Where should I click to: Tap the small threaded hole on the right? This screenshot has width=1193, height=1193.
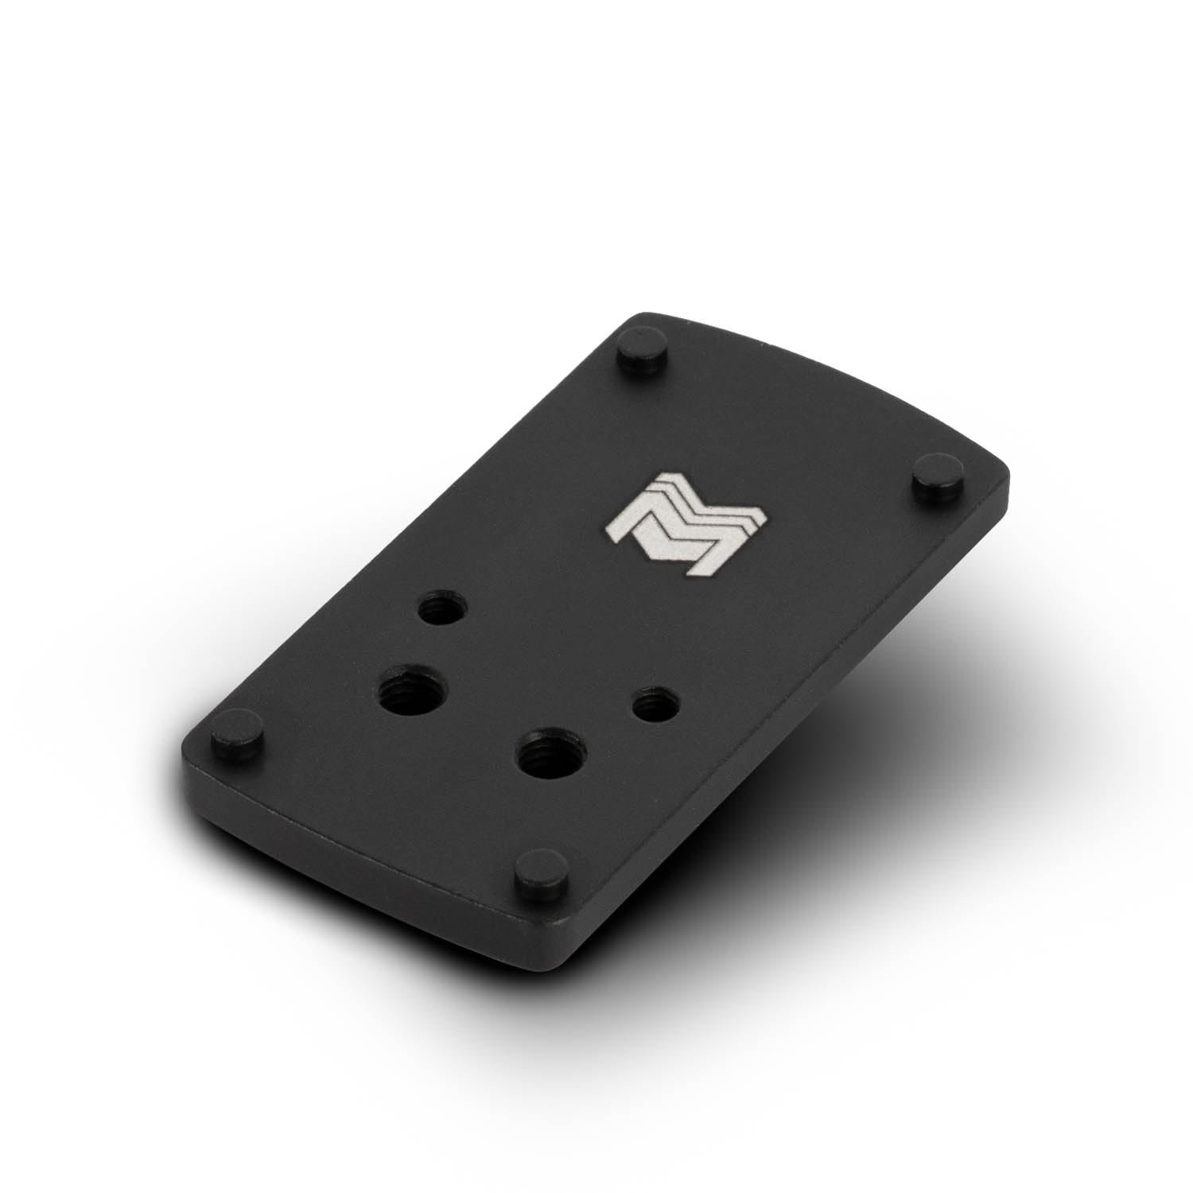pos(654,703)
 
